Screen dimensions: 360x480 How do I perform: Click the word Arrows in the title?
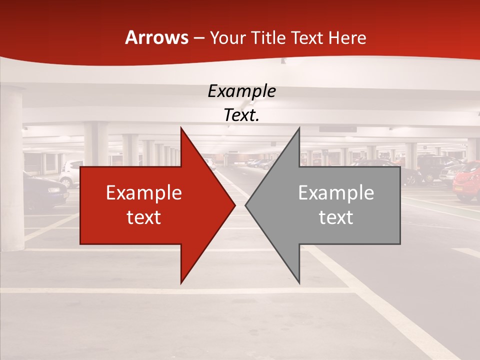(x=156, y=37)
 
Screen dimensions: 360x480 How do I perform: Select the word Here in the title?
(x=348, y=37)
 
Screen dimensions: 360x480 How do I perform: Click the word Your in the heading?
(x=228, y=37)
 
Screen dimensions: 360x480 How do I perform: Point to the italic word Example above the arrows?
(x=241, y=91)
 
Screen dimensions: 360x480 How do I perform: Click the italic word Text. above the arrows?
(x=241, y=115)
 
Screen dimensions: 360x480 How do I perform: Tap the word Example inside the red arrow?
(x=143, y=193)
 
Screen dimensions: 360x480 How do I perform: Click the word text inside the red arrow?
(x=143, y=217)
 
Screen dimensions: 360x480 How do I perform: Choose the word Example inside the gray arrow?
(x=336, y=193)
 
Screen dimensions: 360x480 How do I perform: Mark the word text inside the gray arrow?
(x=336, y=217)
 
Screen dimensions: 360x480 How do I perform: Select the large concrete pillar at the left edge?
(x=11, y=165)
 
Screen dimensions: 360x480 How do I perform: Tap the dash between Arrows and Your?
(x=198, y=38)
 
